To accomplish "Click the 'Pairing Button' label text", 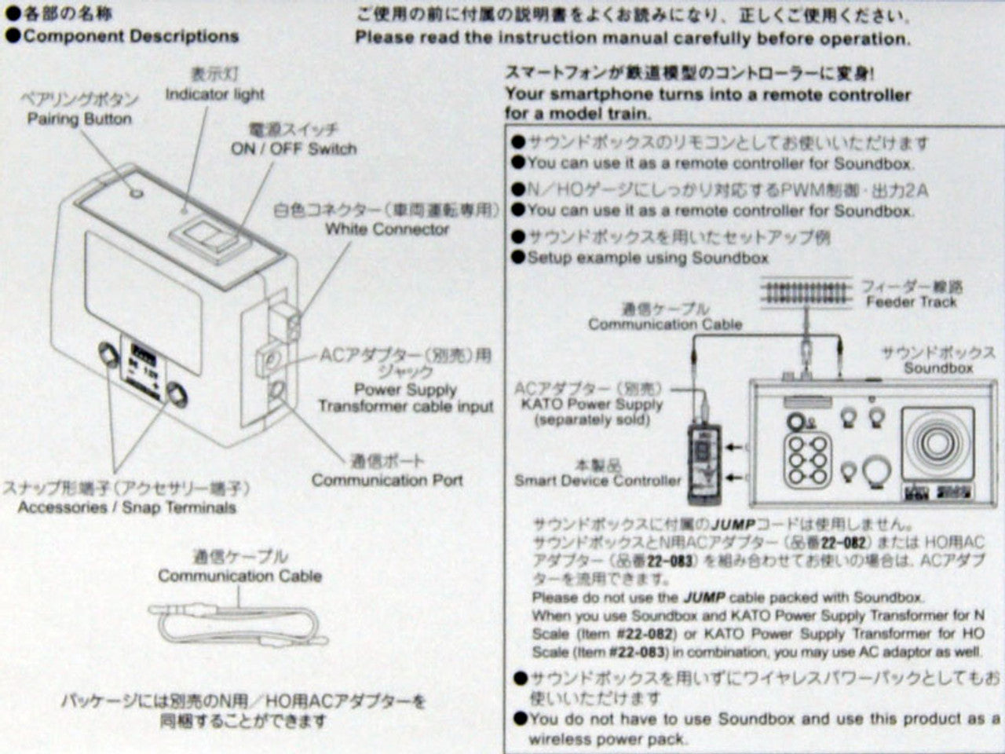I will (79, 119).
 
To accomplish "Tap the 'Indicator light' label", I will (214, 94).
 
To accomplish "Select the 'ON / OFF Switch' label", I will (293, 148).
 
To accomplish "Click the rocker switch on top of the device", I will (206, 236).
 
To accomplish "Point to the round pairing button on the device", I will (136, 192).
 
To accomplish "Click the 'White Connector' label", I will (387, 229).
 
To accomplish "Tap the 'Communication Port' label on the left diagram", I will (387, 480).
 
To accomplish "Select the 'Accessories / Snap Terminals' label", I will (126, 507).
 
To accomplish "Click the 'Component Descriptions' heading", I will (130, 36).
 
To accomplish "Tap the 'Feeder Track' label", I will (912, 302).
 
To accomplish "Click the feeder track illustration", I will (806, 294).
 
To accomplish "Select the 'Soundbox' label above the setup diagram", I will (937, 368).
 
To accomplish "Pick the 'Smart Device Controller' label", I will (598, 480).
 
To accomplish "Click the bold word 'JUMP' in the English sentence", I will (703, 598).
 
